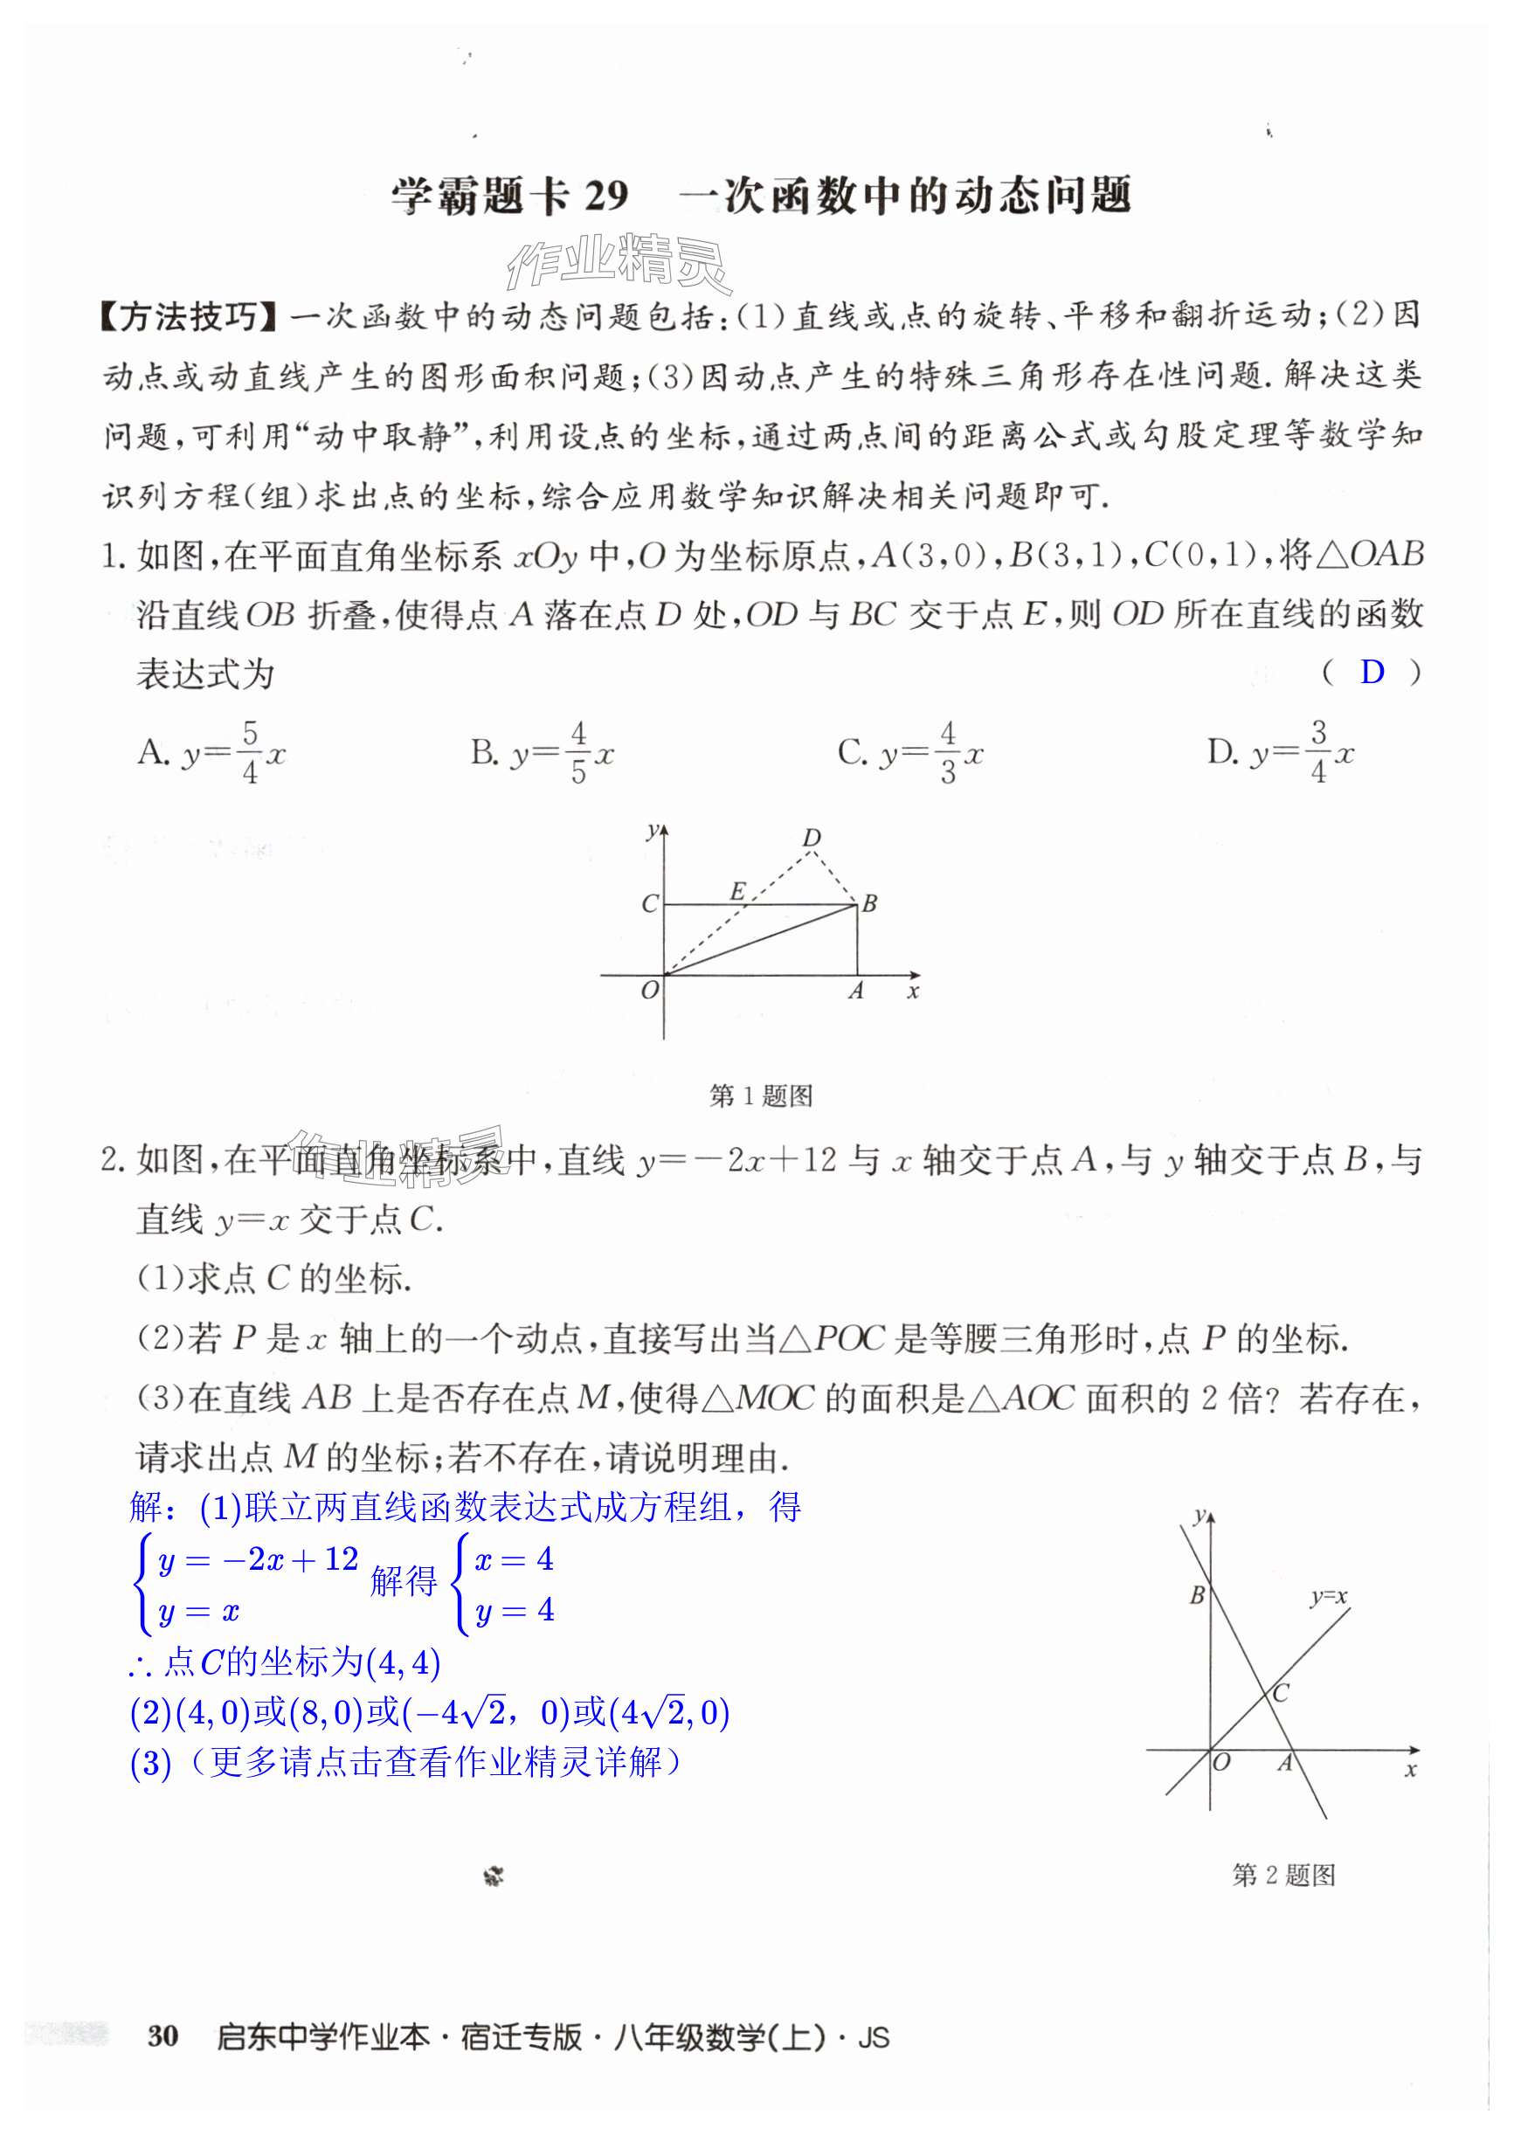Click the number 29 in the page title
606,196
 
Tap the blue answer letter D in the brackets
1372,672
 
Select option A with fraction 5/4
211,751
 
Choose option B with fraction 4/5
542,751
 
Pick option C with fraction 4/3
910,751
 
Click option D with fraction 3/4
1280,751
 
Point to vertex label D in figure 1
812,837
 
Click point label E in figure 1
736,891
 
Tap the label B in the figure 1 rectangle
869,902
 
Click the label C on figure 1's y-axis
649,903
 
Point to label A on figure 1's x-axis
856,991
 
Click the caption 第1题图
761,1095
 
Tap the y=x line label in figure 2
1328,1596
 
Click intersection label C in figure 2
1280,1693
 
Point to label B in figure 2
1197,1595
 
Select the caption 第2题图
1282,1875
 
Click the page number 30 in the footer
162,2036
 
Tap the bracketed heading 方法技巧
190,317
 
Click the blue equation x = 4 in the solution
514,1558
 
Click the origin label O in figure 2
1221,1762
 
